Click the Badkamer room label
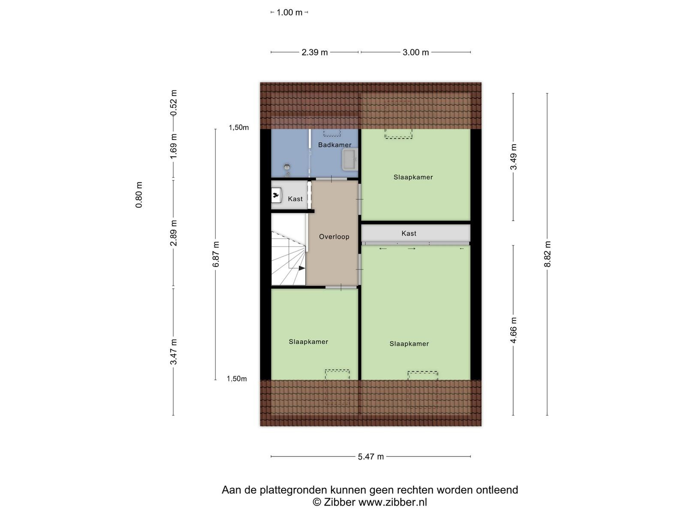(x=334, y=145)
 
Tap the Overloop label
(x=334, y=237)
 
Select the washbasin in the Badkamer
(x=350, y=160)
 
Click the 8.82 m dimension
(x=547, y=254)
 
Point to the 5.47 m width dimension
(x=371, y=457)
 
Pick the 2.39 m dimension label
(x=314, y=52)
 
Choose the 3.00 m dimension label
(x=415, y=52)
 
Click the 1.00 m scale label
(x=289, y=12)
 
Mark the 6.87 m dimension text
(x=216, y=254)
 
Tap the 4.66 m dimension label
(x=513, y=330)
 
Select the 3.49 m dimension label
(x=513, y=157)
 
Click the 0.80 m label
(x=139, y=195)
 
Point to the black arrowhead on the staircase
(x=301, y=268)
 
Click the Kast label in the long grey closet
(x=409, y=233)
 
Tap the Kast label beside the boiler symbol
(x=295, y=199)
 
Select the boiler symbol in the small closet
(x=276, y=195)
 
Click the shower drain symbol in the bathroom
(x=287, y=167)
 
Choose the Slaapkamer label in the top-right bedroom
(x=413, y=177)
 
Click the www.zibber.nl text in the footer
(x=393, y=502)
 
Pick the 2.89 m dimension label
(x=174, y=233)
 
